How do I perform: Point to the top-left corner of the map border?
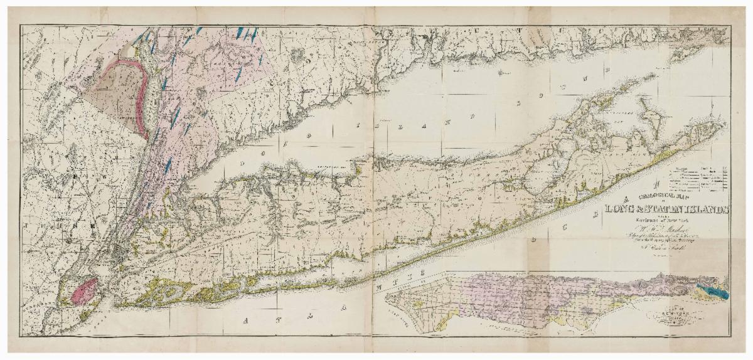(x=20, y=26)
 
